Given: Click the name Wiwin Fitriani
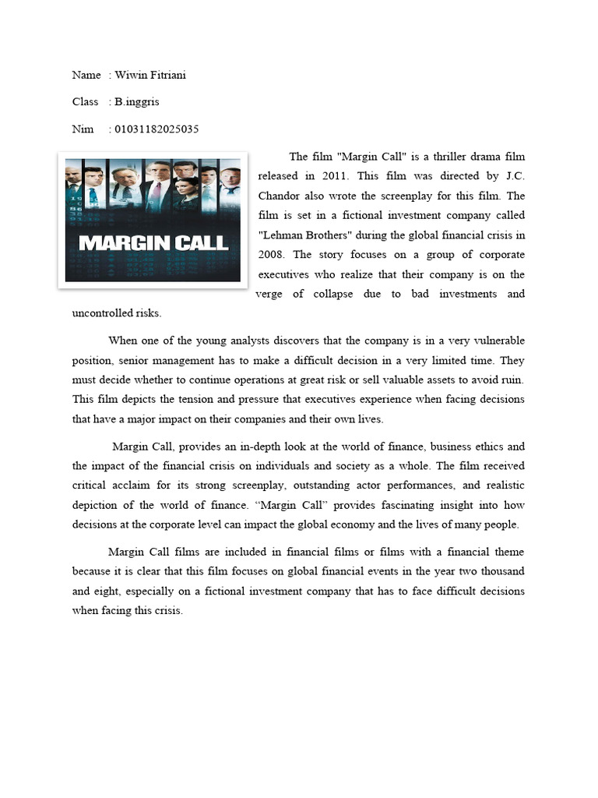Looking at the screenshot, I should click(x=150, y=75).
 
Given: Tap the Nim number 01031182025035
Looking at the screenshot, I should click(x=156, y=129).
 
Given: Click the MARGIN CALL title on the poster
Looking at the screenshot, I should click(x=154, y=242).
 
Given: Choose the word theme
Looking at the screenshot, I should click(x=508, y=553).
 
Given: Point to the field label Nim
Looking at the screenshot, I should click(x=83, y=129).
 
